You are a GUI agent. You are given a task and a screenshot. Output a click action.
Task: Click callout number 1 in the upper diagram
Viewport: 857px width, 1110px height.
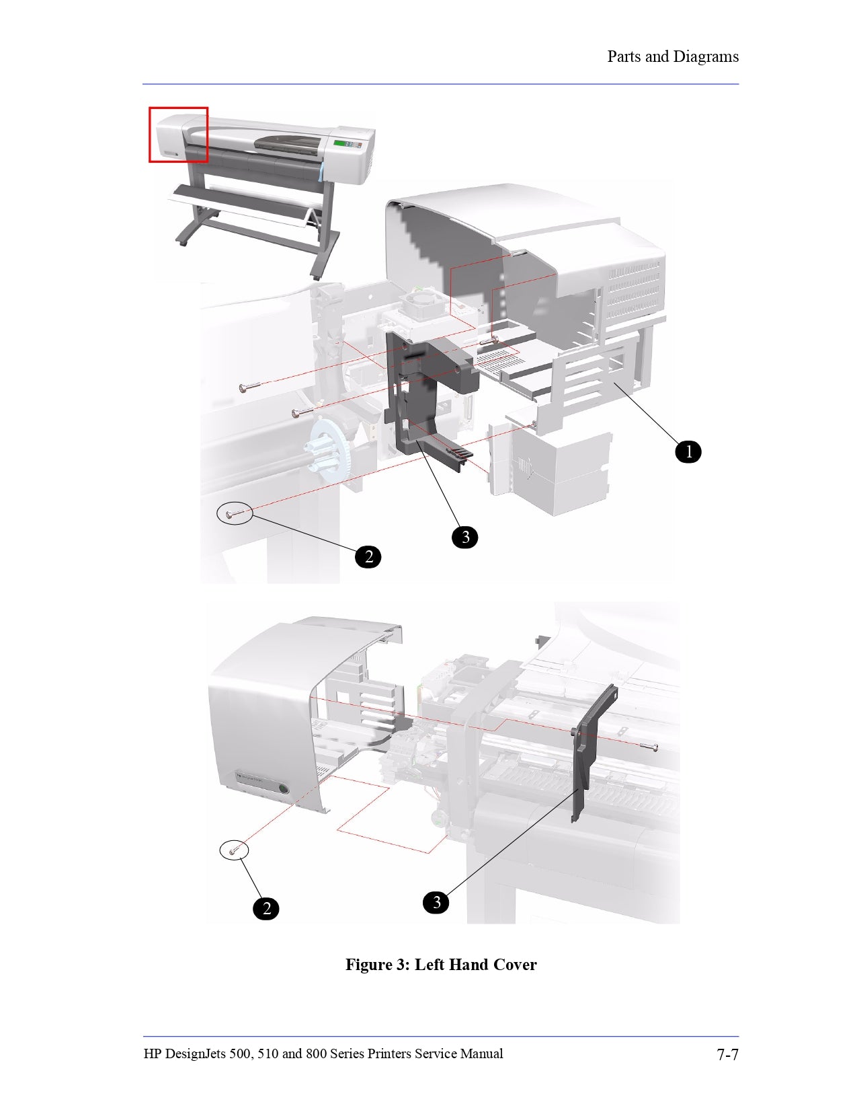[688, 451]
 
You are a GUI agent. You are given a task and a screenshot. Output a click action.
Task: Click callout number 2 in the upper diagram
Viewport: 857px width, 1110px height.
[368, 556]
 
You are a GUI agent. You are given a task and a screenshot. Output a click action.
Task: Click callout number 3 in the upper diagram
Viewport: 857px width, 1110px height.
[465, 537]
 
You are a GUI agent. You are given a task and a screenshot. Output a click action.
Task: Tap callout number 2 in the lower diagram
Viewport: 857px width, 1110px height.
[266, 909]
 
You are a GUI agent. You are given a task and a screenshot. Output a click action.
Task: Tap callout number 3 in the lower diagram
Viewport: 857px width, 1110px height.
[436, 902]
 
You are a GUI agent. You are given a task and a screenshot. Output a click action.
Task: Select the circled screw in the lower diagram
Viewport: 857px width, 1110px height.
[234, 851]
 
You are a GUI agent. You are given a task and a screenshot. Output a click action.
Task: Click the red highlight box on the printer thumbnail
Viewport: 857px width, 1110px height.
[178, 135]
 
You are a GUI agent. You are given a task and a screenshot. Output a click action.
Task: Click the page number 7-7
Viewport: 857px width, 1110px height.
[727, 1054]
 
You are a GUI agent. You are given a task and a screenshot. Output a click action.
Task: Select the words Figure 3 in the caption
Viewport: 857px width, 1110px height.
[377, 965]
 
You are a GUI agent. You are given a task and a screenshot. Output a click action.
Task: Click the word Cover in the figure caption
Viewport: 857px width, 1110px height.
[514, 965]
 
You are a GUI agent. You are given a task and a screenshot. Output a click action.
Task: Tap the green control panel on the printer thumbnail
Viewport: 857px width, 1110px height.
[343, 143]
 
